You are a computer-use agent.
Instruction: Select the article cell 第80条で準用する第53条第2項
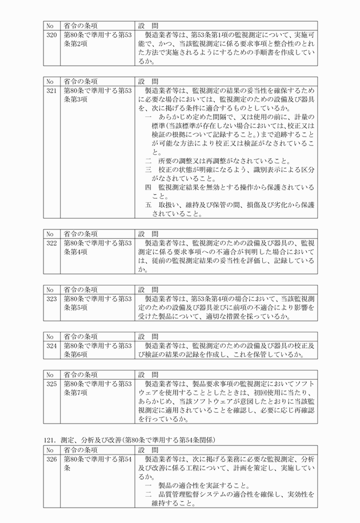[x=97, y=39]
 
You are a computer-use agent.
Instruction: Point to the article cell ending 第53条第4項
[x=97, y=247]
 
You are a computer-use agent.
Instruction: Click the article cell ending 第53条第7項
[x=97, y=388]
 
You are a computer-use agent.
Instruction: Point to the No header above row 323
[x=51, y=288]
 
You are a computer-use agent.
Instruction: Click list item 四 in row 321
[x=229, y=191]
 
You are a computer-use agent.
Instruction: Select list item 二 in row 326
[x=229, y=498]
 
